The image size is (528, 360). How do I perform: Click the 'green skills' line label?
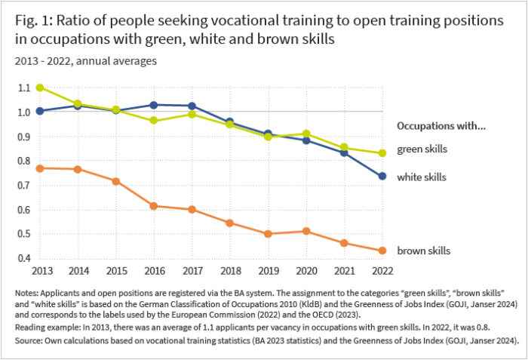pyautogui.click(x=421, y=149)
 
